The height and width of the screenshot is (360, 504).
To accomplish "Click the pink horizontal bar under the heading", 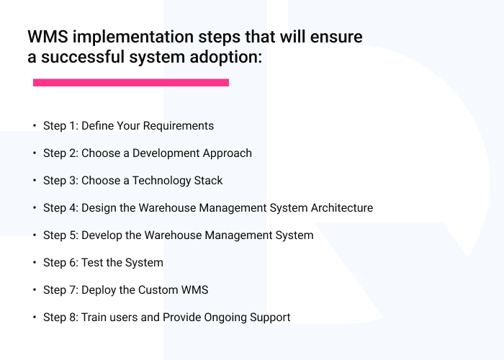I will (x=130, y=83).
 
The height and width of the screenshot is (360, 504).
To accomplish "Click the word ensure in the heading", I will (x=336, y=37).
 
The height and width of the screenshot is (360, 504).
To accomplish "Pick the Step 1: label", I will (x=60, y=126).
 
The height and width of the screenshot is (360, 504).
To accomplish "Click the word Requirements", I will (x=179, y=126).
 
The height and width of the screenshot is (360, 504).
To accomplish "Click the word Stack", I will (x=208, y=181).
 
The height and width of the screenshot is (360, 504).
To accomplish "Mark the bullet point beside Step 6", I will (x=34, y=263).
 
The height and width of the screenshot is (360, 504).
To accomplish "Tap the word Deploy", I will (x=101, y=290).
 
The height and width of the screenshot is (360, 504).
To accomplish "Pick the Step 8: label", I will (x=60, y=318).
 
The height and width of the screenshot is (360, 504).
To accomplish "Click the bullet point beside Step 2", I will (x=34, y=153).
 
